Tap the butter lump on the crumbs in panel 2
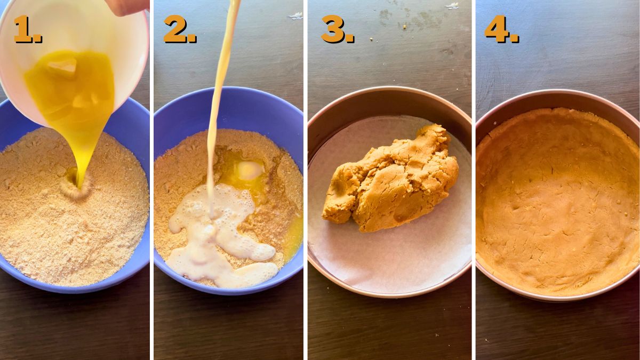pyautogui.click(x=249, y=170)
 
